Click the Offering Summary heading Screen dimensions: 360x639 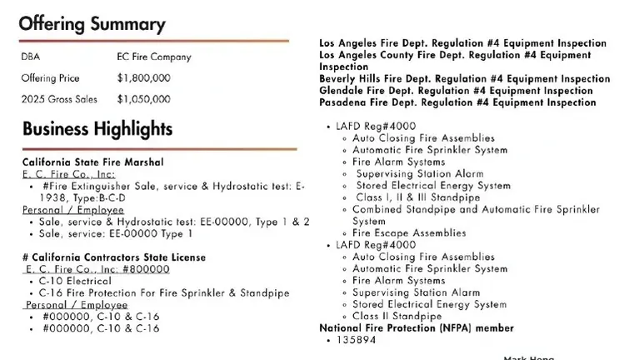click(x=92, y=23)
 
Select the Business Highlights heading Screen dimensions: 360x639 click(x=97, y=129)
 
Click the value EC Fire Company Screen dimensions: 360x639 click(x=154, y=57)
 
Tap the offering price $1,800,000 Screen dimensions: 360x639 click(x=144, y=78)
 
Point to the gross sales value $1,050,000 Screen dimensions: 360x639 click(x=144, y=99)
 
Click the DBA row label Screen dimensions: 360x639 click(x=31, y=57)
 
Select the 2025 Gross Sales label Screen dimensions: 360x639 click(x=59, y=99)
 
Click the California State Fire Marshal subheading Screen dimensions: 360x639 click(x=92, y=162)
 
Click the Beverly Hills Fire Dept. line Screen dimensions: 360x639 click(x=464, y=79)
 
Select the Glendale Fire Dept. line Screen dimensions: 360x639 click(x=456, y=91)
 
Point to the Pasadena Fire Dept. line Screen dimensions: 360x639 click(x=457, y=102)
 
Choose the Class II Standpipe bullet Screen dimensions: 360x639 click(x=397, y=317)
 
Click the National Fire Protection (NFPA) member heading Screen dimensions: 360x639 click(x=417, y=328)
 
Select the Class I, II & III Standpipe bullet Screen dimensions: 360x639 click(x=417, y=197)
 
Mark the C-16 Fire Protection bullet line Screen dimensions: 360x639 click(x=164, y=293)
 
